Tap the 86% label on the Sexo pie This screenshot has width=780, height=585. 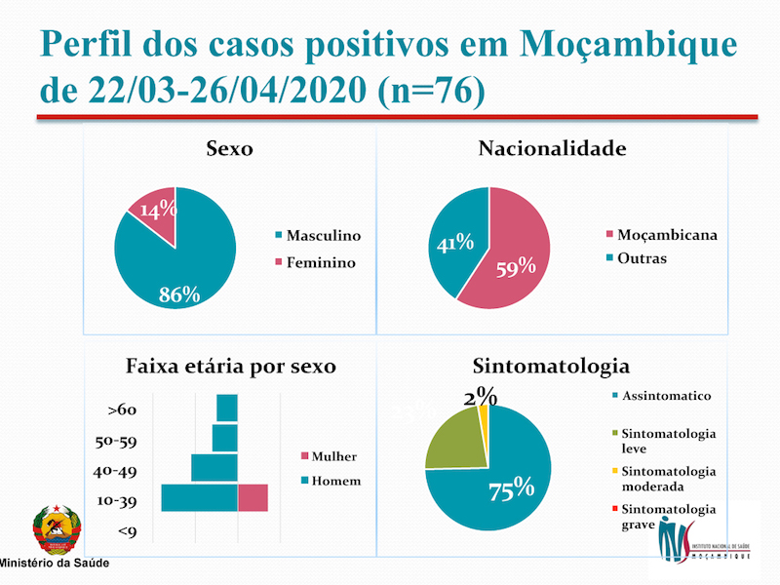180,293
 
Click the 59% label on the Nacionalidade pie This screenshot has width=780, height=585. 515,265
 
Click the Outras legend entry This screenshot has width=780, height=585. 642,258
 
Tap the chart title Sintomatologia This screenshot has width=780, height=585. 551,367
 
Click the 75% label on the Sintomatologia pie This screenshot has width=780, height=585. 511,487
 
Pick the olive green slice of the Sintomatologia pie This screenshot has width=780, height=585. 456,442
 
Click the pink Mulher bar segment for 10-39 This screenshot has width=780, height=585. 253,497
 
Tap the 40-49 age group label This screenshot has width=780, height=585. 115,471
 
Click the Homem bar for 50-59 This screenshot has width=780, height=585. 225,438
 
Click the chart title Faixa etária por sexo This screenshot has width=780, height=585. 231,367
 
